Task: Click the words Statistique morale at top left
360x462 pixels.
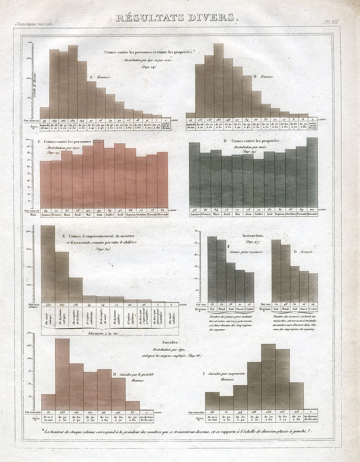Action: (x=34, y=24)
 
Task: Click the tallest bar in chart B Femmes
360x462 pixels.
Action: (x=218, y=81)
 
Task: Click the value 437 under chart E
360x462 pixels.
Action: (x=48, y=305)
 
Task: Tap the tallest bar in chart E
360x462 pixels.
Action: (x=48, y=264)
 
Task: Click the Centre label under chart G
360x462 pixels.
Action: (x=313, y=309)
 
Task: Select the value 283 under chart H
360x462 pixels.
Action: (x=62, y=412)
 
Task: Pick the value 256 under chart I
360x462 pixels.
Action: (x=269, y=412)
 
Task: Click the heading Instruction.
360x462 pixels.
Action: (x=253, y=235)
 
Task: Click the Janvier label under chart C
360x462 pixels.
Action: (x=46, y=214)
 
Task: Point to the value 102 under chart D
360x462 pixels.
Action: (x=312, y=209)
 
